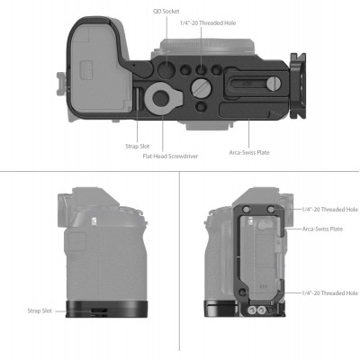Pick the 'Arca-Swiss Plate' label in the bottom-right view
coord(323,229)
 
